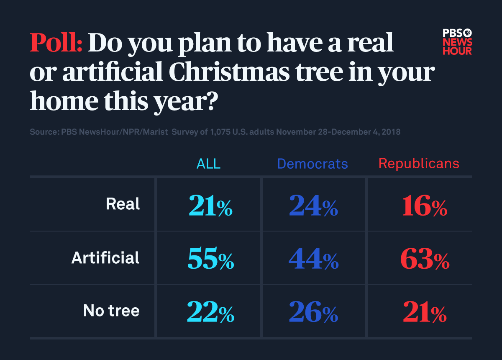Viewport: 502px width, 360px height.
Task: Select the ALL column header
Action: click(208, 164)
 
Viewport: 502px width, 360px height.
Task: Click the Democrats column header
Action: click(312, 164)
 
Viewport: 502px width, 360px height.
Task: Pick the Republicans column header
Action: click(419, 164)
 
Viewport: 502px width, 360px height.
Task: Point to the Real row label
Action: click(123, 204)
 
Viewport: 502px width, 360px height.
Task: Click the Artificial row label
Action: click(105, 257)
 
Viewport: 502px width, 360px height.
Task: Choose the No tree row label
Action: click(111, 311)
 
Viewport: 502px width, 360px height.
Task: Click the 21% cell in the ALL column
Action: click(210, 206)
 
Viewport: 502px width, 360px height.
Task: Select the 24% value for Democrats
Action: click(313, 206)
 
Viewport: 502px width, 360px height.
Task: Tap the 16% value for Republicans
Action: click(425, 206)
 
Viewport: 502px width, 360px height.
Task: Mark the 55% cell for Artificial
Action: click(210, 260)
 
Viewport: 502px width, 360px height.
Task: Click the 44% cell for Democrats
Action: click(313, 260)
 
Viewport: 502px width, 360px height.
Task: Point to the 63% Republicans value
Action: click(425, 260)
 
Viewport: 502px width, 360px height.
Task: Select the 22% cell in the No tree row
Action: click(210, 313)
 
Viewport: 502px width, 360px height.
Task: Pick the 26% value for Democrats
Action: click(313, 313)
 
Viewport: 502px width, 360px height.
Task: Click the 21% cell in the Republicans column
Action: click(425, 313)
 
